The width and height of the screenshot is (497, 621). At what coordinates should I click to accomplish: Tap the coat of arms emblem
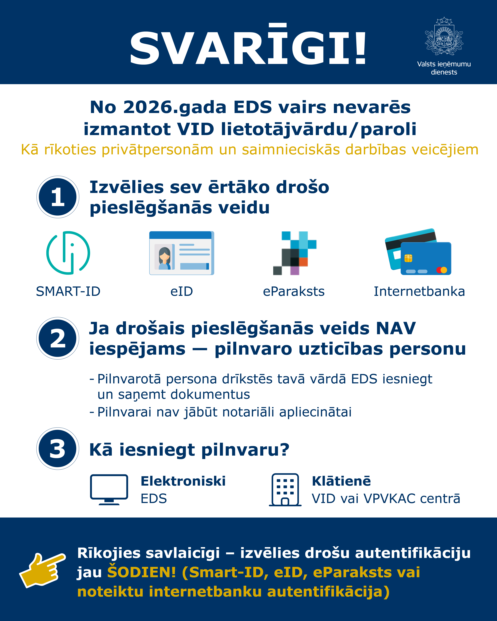[444, 37]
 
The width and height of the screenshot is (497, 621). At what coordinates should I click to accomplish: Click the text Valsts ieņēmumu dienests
[444, 68]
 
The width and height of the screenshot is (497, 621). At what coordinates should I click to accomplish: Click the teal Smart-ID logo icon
[68, 253]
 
